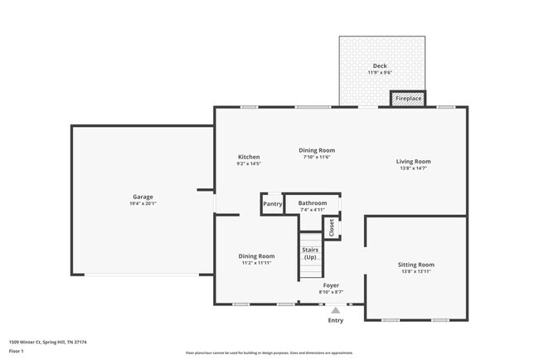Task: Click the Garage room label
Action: [143, 197]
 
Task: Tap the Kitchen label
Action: [249, 157]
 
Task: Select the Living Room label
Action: [413, 162]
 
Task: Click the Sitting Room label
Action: [416, 265]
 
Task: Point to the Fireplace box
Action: [408, 99]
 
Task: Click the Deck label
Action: [379, 66]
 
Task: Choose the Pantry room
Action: [272, 204]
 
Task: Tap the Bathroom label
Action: [313, 203]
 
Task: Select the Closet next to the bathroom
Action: [332, 227]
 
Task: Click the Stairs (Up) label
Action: [310, 253]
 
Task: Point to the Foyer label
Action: [331, 285]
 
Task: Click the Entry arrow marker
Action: [335, 311]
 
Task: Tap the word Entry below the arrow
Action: [335, 320]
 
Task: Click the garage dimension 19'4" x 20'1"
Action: [143, 203]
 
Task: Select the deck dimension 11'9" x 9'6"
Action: [379, 73]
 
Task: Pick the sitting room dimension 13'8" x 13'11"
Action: [416, 271]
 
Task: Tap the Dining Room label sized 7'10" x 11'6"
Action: [317, 150]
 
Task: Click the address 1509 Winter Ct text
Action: [48, 342]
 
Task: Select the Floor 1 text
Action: [17, 351]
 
